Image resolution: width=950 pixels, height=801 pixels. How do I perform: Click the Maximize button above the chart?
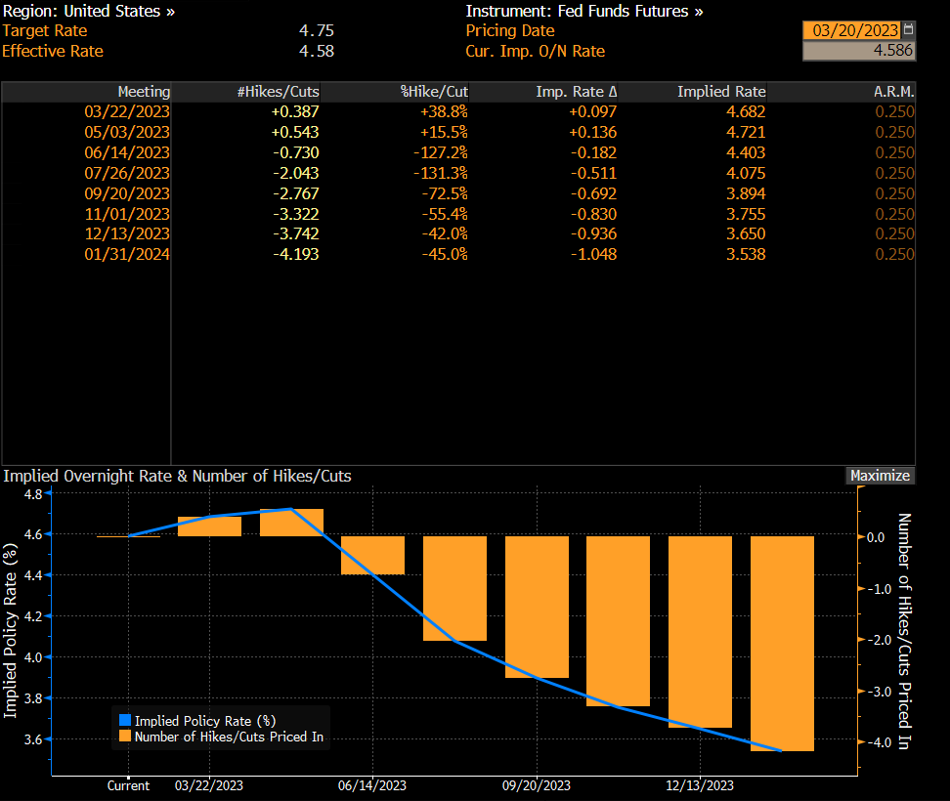click(880, 476)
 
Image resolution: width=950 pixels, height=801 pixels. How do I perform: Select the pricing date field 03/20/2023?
click(850, 30)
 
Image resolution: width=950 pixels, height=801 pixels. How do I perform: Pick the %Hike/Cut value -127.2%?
click(438, 152)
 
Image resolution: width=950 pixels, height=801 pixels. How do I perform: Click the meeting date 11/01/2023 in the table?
click(127, 214)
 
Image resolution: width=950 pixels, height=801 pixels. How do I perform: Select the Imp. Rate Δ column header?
click(577, 92)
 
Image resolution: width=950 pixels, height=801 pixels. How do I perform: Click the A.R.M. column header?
click(894, 92)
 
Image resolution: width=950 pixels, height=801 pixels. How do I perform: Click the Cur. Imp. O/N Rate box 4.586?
click(859, 51)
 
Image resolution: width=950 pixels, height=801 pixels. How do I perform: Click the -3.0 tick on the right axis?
click(875, 691)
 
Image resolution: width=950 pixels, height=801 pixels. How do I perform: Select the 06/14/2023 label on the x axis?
click(372, 785)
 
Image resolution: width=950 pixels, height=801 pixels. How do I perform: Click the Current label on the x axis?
click(128, 785)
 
